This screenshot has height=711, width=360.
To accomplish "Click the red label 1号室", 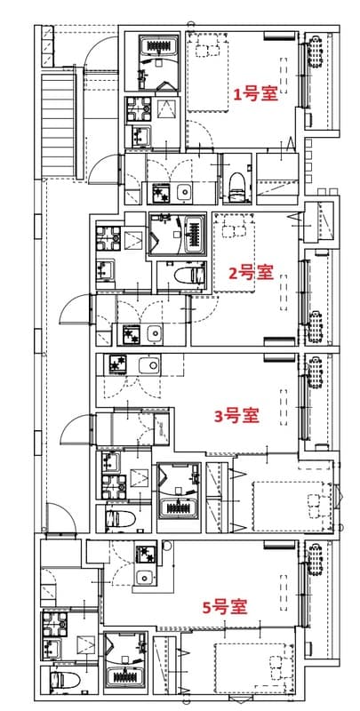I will [x=256, y=93].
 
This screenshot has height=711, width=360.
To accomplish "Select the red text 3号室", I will [x=237, y=414].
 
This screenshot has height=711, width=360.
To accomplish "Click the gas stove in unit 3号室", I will [x=118, y=363].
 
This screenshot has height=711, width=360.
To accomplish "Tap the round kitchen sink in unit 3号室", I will [x=148, y=364].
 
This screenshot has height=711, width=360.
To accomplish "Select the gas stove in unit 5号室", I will [x=145, y=555].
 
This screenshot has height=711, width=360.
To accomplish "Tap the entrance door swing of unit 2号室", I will [x=75, y=311].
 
